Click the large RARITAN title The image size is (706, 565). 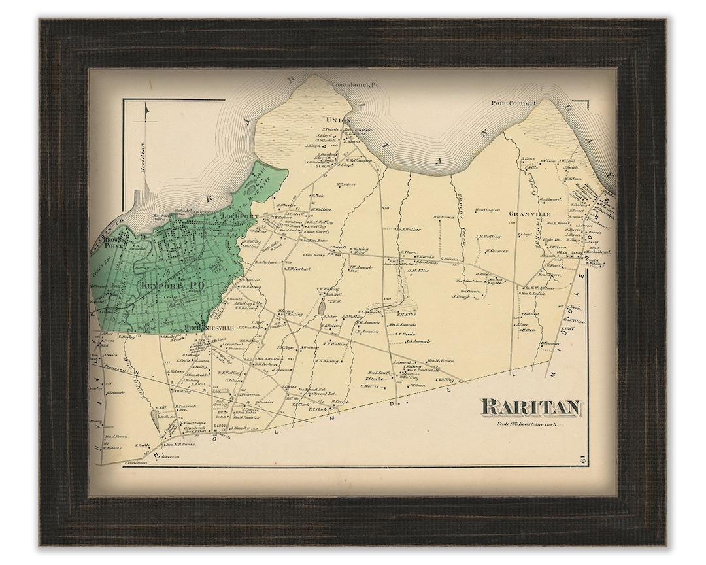pyautogui.click(x=530, y=408)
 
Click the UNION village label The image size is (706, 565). pyautogui.click(x=337, y=120)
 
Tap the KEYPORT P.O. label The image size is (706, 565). pyautogui.click(x=161, y=285)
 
